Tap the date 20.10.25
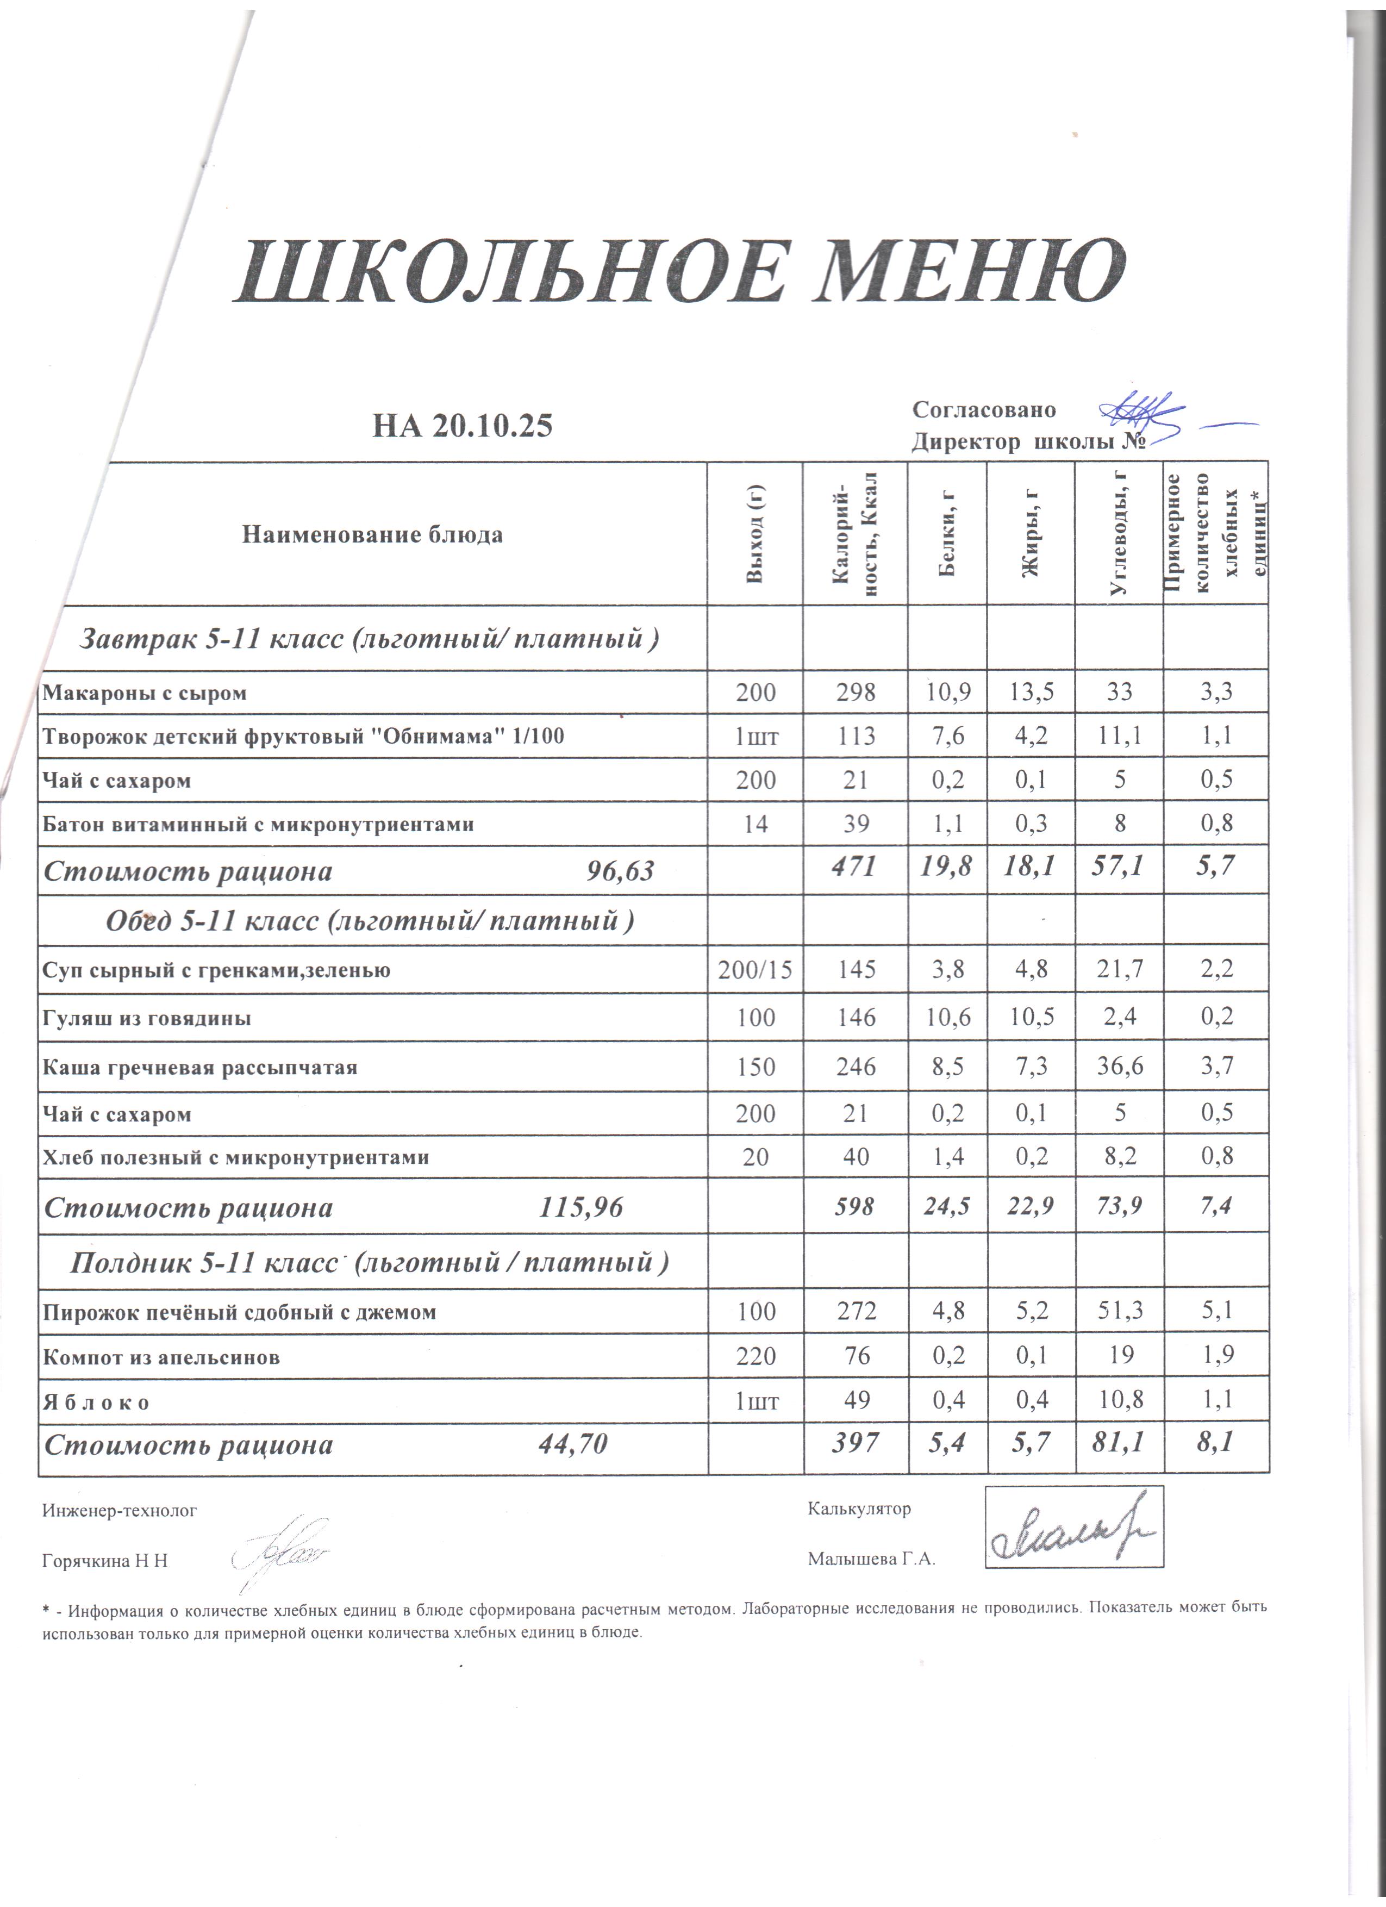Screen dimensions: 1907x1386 click(x=492, y=426)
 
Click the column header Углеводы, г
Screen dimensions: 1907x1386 click(x=1118, y=534)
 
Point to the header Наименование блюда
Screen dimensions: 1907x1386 click(x=372, y=535)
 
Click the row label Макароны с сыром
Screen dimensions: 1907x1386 click(x=145, y=694)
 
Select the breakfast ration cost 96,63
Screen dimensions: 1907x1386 click(x=620, y=871)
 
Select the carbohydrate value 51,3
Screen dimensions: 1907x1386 click(x=1120, y=1312)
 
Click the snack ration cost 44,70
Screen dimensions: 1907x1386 click(x=572, y=1444)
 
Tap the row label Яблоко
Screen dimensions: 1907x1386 click(x=97, y=1403)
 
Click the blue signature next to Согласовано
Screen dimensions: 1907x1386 click(x=1143, y=414)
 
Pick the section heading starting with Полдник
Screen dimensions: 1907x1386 click(x=369, y=1262)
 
